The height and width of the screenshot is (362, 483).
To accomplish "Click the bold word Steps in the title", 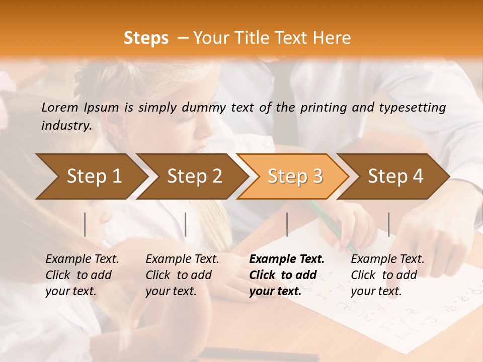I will (x=146, y=38).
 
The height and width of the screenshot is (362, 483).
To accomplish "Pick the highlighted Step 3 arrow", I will (x=295, y=176).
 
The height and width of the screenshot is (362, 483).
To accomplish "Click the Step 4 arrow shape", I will (x=395, y=176).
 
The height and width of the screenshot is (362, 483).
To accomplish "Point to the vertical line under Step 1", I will (x=85, y=224).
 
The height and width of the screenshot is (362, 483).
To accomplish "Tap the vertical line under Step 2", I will (x=186, y=224).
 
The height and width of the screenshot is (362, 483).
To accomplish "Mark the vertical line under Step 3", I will (x=287, y=224).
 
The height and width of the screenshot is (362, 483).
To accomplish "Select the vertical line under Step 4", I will (x=388, y=224).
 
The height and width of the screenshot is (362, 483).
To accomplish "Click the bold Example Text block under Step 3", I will (x=287, y=275).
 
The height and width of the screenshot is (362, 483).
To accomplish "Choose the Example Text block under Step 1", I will (x=82, y=275).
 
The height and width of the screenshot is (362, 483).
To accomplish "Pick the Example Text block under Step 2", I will (x=182, y=275).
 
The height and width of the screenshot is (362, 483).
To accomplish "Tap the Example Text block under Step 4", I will (x=387, y=275).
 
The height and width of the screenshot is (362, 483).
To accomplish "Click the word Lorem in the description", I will (x=60, y=107).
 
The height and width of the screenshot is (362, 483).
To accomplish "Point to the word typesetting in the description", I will (x=417, y=107).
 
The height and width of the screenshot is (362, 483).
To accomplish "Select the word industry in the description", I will (x=65, y=125).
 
